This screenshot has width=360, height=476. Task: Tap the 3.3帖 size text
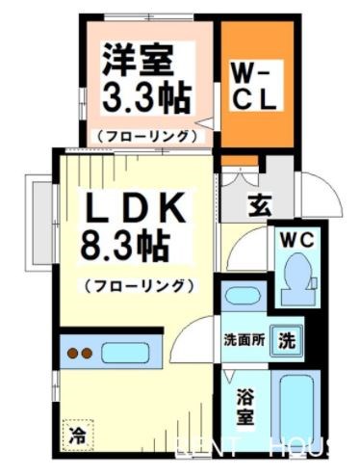point(144,97)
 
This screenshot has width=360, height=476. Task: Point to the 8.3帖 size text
point(124,247)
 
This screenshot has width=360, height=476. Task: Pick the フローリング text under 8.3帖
point(139,286)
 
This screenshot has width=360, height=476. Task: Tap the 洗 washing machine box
point(287,339)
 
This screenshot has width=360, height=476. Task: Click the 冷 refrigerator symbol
point(75,436)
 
